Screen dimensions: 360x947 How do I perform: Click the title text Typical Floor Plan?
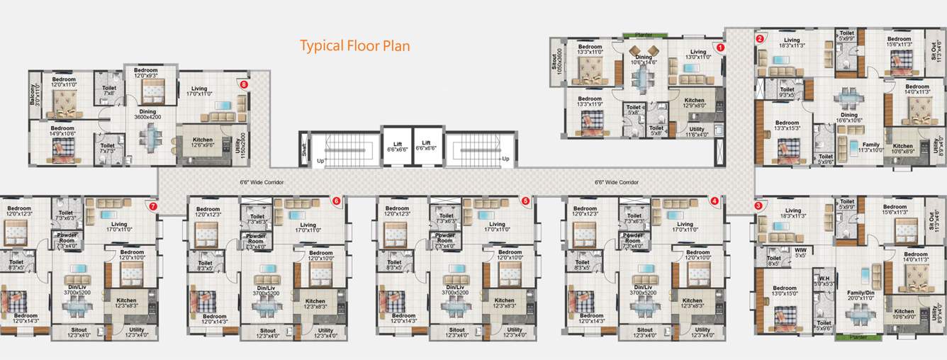[354, 46]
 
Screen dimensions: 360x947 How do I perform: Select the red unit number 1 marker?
[720, 47]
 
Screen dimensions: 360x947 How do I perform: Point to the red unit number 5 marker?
[525, 201]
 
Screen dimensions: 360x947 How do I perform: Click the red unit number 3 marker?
[758, 206]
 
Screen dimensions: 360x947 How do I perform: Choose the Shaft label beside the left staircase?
[303, 150]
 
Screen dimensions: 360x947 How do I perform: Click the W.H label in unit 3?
[825, 279]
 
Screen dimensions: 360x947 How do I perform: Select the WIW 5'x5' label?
[800, 252]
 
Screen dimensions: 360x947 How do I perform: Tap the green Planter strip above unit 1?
[644, 34]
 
